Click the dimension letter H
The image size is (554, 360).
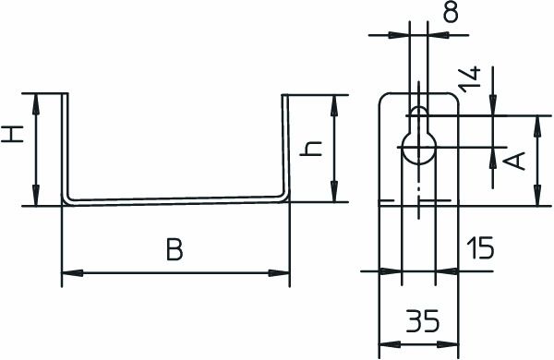(x=12, y=134)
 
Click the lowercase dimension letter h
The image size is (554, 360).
(x=311, y=149)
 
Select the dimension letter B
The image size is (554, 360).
(x=175, y=249)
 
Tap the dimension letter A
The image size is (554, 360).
(x=514, y=161)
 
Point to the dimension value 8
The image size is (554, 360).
(x=451, y=11)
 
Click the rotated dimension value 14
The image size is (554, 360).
(x=470, y=79)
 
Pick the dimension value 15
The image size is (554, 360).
(x=480, y=247)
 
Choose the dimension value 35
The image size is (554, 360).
(x=423, y=321)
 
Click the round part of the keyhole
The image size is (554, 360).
(x=419, y=148)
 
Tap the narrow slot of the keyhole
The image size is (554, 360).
(x=418, y=119)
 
